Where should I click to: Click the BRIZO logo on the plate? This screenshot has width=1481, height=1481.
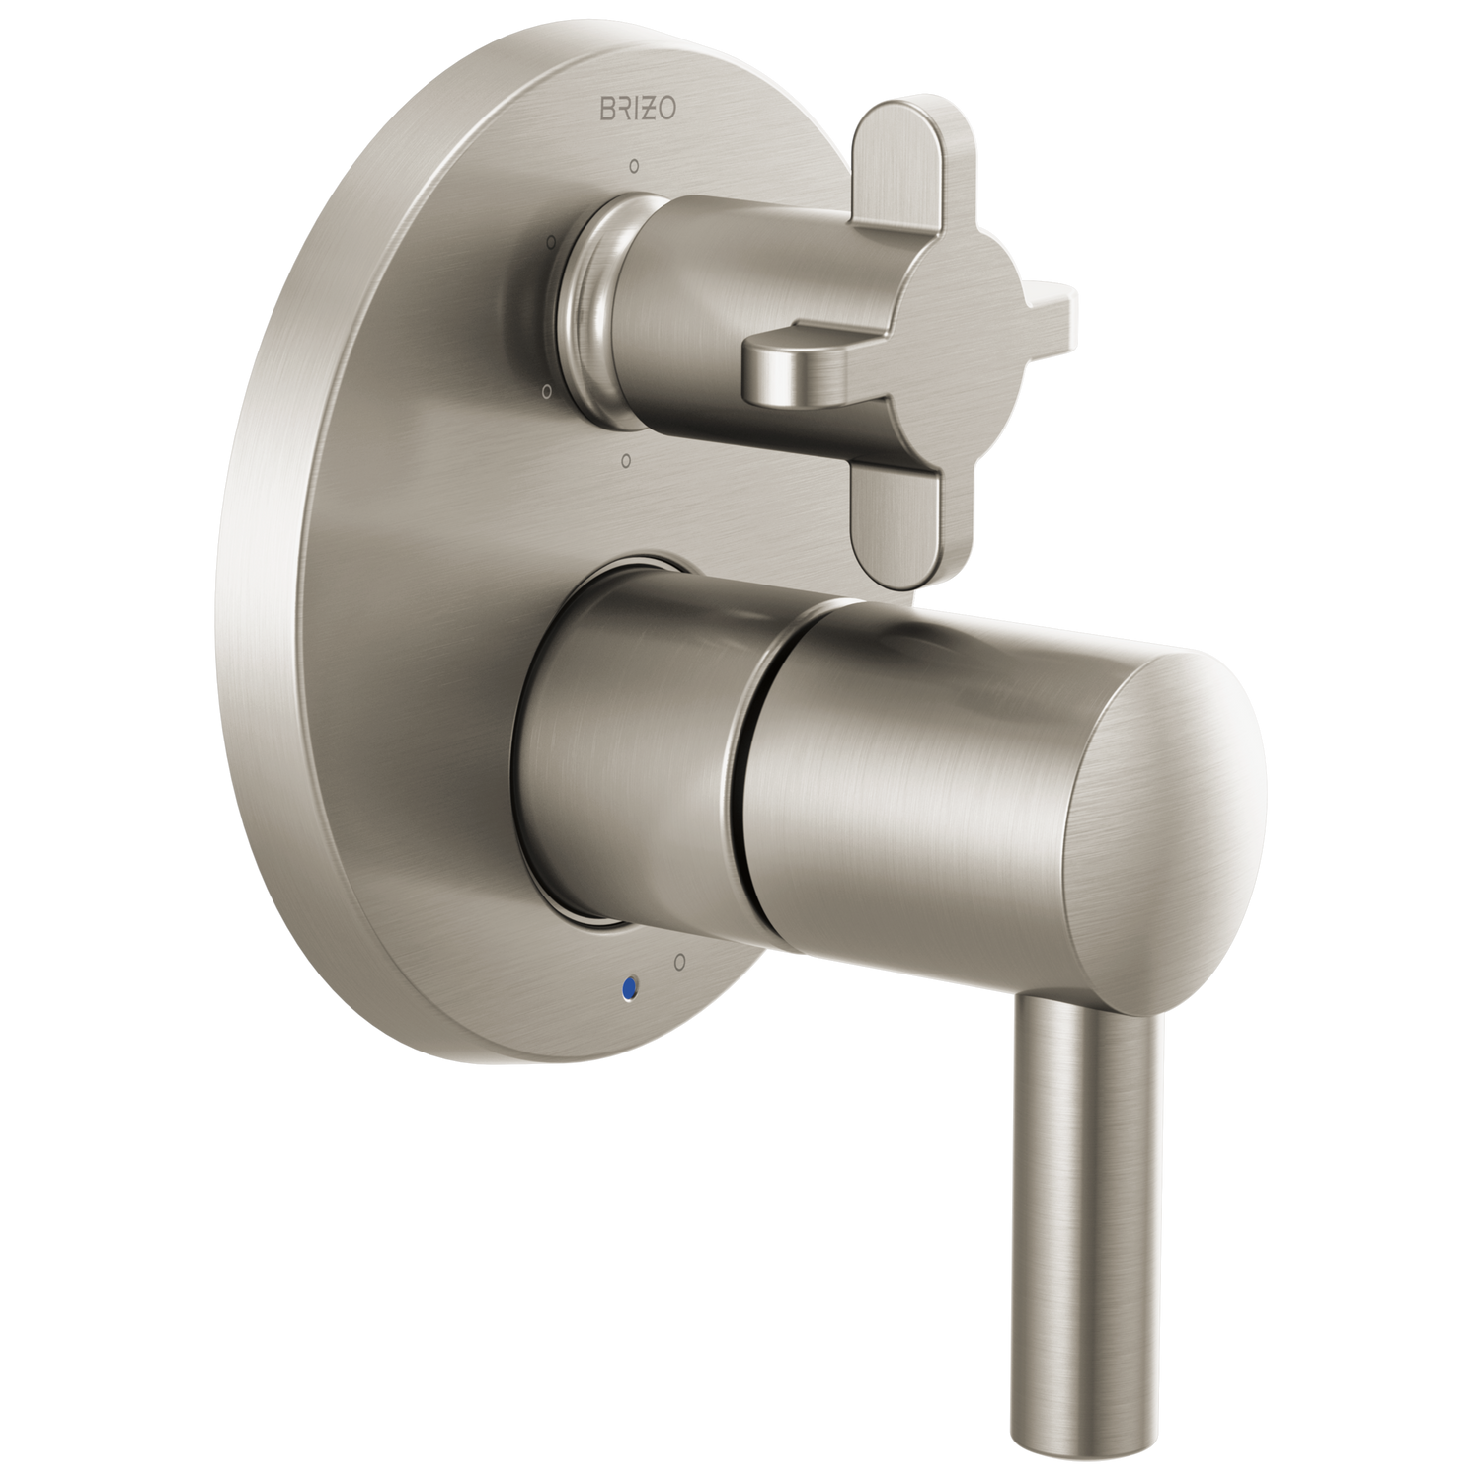pyautogui.click(x=639, y=107)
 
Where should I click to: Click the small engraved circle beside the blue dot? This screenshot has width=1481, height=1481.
pyautogui.click(x=679, y=959)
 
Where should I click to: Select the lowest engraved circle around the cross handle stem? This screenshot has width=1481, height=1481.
pyautogui.click(x=624, y=460)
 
